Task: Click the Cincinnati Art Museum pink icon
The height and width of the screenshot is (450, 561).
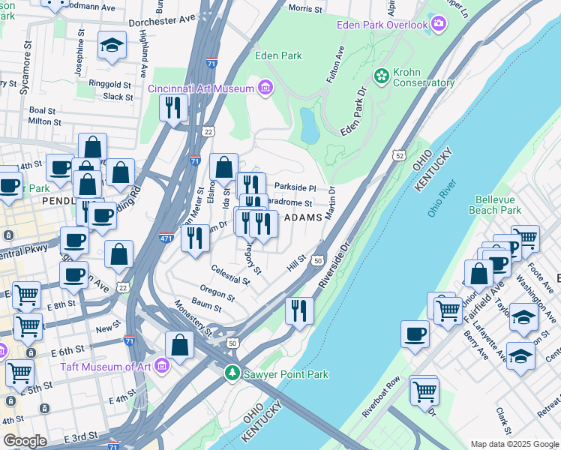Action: point(265,88)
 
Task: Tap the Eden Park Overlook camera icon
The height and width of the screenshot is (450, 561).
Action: point(438,25)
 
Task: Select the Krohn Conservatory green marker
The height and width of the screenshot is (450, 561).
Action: point(381,76)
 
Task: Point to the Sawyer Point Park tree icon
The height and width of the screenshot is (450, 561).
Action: point(233,373)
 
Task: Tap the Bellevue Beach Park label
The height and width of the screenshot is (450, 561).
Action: point(498,205)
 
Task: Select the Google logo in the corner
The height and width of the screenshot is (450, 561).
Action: point(25,441)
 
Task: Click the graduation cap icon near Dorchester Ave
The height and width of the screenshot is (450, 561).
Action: point(112,46)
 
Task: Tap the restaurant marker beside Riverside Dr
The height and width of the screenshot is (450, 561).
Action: point(299,309)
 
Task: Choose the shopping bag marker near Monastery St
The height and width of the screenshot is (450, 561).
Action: point(179,344)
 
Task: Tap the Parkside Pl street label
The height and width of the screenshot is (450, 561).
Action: point(295,187)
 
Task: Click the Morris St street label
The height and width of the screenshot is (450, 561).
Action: point(304,9)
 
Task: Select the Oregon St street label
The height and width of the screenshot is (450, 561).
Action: point(217,290)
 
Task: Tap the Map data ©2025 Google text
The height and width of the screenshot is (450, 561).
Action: point(514,444)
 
